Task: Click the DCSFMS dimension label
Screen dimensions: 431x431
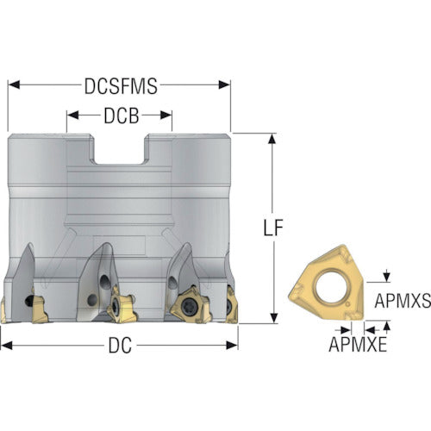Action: pyautogui.click(x=121, y=86)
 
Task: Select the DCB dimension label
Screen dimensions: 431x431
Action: pyautogui.click(x=122, y=116)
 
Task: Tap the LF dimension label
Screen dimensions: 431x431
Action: pyautogui.click(x=273, y=228)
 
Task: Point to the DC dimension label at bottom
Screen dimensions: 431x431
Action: pyautogui.click(x=120, y=345)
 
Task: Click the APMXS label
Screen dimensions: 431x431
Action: pyautogui.click(x=403, y=301)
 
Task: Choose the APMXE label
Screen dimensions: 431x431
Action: pyautogui.click(x=358, y=344)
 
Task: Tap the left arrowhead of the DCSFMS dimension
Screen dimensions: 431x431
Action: pyautogui.click(x=14, y=84)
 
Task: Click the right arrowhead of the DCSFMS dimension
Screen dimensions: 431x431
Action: pyautogui.click(x=224, y=84)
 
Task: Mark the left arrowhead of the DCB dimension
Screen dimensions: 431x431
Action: pyautogui.click(x=72, y=116)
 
